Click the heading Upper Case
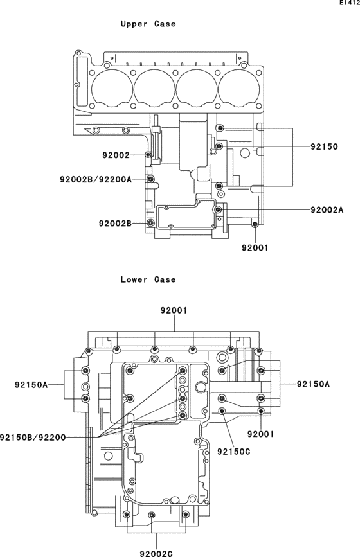[148, 24]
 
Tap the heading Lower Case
[148, 279]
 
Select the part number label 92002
[116, 155]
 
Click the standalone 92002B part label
[115, 223]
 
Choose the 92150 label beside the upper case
[324, 146]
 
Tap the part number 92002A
[327, 209]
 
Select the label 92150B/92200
[33, 437]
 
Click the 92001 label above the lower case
[174, 310]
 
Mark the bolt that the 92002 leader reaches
[149, 155]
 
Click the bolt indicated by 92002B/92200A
[150, 179]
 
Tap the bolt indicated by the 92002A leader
[219, 209]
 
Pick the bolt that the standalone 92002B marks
[151, 223]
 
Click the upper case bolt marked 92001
[255, 224]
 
